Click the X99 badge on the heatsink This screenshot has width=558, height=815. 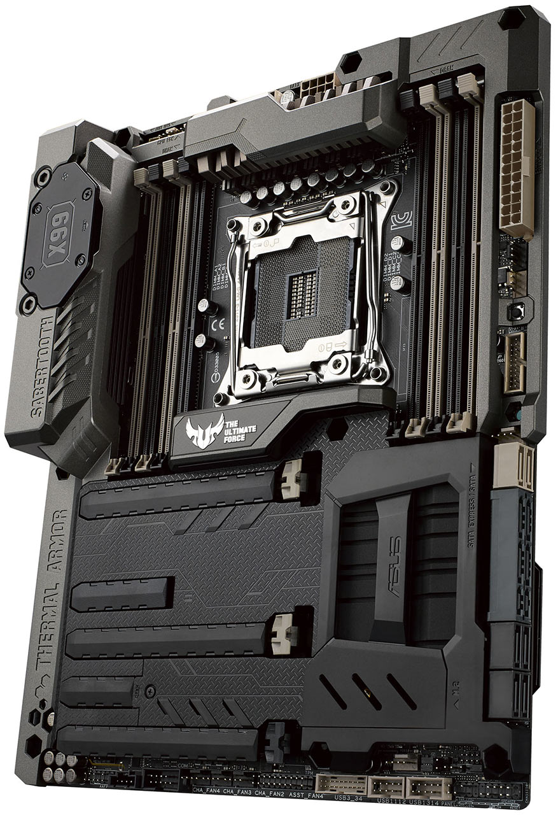(x=59, y=230)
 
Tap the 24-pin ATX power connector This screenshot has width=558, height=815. (x=517, y=169)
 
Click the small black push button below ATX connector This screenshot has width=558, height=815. (x=514, y=311)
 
